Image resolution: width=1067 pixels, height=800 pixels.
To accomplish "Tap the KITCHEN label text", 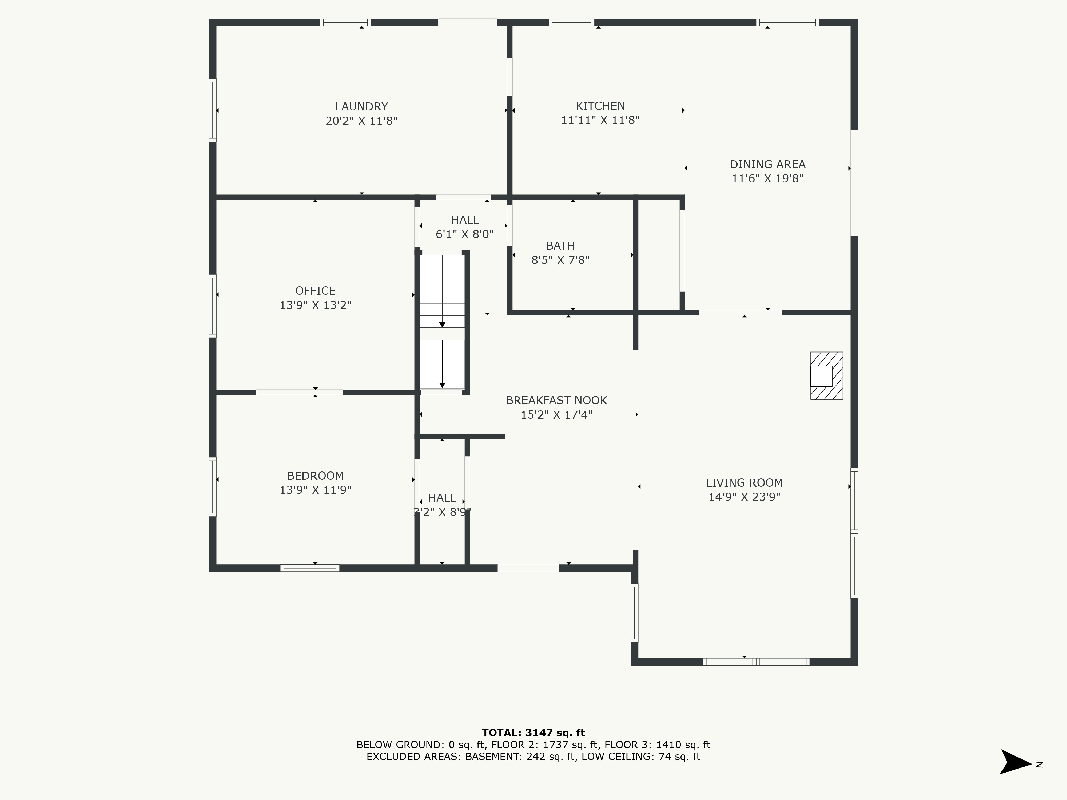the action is (x=600, y=106).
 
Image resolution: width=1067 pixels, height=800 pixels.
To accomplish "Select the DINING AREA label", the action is (x=767, y=165).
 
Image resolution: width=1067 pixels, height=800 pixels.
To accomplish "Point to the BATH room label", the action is (x=560, y=246).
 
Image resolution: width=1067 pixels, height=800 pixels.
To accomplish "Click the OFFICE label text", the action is (x=316, y=291).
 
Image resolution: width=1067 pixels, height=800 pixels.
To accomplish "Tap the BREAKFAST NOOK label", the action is (x=556, y=400).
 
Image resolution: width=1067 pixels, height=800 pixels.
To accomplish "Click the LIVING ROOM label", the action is (x=744, y=483).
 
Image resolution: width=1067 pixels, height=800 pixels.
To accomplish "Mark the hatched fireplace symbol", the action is (x=826, y=376).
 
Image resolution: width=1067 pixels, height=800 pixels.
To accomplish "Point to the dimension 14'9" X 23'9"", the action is (x=744, y=497).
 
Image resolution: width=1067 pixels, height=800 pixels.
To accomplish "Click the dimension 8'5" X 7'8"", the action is (x=560, y=260).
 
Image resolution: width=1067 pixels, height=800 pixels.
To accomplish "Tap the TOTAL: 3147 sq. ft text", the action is (x=533, y=733).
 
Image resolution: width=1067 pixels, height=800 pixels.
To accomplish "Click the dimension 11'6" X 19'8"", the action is (x=767, y=178).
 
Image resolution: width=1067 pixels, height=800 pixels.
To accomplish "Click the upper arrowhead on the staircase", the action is (x=442, y=325).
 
